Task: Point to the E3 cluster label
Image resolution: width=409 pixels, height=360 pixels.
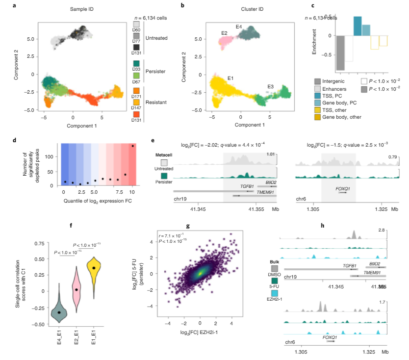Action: tap(270, 86)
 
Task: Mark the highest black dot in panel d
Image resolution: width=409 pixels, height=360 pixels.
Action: tap(132, 146)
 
